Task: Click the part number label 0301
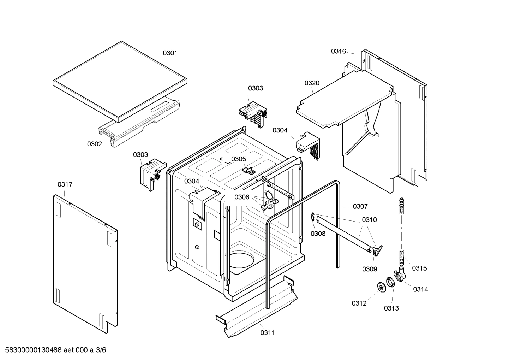tap(170, 53)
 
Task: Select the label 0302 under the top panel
tap(94, 144)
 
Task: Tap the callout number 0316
tap(338, 51)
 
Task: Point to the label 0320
tap(312, 83)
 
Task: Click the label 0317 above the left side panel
tap(65, 184)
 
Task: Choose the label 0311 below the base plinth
tap(268, 332)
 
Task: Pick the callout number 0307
tap(360, 206)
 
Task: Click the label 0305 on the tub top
tap(239, 159)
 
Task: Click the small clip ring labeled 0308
tap(313, 218)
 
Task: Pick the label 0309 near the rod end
tap(369, 269)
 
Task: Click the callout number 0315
tap(419, 268)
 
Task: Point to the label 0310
tap(369, 219)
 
